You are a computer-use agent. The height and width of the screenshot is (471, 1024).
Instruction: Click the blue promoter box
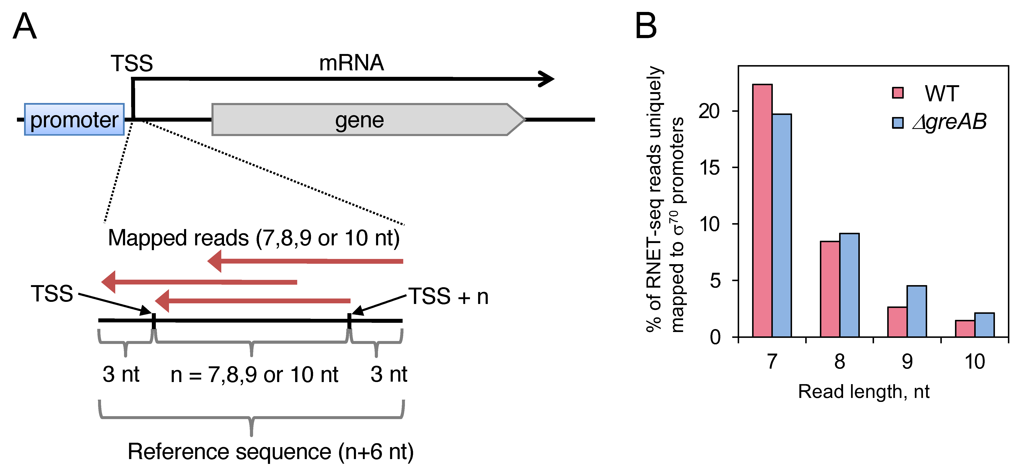coord(74,119)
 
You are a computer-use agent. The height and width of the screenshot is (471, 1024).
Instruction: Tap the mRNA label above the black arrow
coord(351,63)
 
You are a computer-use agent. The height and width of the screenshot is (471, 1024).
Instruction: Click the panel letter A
coord(25,26)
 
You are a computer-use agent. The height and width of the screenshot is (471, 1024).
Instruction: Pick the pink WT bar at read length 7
coord(762,211)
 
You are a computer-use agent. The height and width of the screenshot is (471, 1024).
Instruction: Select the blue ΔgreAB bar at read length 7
coord(782,225)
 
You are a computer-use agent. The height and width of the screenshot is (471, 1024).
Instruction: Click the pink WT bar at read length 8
coord(830,289)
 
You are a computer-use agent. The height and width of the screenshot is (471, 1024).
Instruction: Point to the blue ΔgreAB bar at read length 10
coord(984,325)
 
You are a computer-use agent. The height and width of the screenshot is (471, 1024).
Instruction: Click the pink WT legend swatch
coord(898,93)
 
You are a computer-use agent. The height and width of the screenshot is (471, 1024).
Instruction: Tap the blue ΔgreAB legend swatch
coord(898,122)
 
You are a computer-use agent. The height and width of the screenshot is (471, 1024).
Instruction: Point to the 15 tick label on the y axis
coord(710,168)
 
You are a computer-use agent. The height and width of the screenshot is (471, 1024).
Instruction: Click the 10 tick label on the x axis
coord(975,362)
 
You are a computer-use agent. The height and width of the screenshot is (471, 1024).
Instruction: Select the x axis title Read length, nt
coord(863,392)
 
